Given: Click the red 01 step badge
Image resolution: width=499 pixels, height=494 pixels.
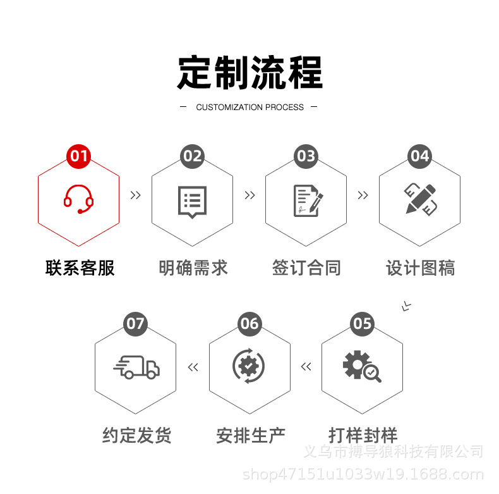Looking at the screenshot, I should pos(79,156).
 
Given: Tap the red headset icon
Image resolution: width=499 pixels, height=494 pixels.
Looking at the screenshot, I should pos(79,199).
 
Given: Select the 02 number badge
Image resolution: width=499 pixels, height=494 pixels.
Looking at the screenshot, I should pos(193,156).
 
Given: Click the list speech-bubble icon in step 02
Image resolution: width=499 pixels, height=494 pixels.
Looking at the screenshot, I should pos(193,202).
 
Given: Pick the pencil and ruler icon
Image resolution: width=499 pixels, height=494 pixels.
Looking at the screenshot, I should pos(421,199).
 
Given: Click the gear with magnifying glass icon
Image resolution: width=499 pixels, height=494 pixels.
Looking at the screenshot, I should pos(361,366).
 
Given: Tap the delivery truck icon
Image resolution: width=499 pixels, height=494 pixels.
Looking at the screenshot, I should pos(136,367).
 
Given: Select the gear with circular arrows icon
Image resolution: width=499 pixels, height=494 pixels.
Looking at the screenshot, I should pos(249,366).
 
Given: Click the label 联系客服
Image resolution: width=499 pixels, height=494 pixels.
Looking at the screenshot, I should pos(80,268).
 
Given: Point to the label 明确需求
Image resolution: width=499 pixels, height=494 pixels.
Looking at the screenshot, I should pos(193,268).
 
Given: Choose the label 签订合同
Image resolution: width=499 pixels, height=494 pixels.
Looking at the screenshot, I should pos(306,268).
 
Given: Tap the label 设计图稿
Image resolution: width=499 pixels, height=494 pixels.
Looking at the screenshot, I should pos(420,268).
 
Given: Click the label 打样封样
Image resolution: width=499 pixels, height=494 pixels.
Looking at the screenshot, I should pos(363,436).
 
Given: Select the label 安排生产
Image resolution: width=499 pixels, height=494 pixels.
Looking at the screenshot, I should pos(250,436).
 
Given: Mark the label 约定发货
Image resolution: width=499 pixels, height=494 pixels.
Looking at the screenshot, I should pos(137,436).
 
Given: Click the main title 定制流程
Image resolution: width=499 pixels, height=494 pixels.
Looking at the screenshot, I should pos(249,73).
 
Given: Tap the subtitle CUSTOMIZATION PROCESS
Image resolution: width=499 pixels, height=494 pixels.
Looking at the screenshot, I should pos(249,108).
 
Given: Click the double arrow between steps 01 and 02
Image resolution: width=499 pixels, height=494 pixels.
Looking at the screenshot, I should pos(135,195).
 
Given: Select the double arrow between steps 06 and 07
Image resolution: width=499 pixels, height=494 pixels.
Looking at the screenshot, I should pos(193,367).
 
